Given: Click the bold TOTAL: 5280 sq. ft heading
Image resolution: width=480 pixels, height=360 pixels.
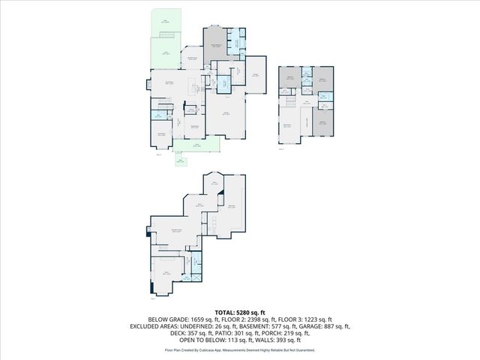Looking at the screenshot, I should coord(240,312).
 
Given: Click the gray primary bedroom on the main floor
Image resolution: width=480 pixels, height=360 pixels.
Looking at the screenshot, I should coord(215,46).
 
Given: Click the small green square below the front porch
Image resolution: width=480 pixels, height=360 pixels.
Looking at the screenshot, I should coord(181,160).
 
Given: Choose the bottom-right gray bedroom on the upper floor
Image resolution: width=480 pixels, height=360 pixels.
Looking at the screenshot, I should coord(322,124).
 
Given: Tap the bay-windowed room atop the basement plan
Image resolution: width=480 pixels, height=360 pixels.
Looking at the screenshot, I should coord(214,182).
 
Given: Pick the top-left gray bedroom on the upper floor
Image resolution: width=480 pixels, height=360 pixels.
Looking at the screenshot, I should coord(289,77).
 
